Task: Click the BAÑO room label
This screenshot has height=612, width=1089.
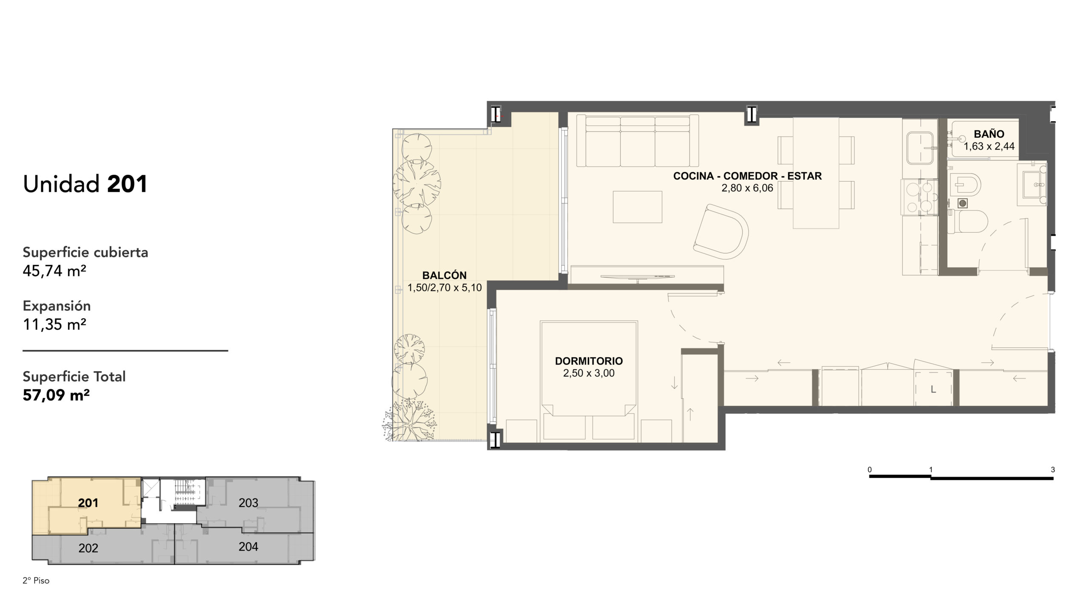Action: pos(989,134)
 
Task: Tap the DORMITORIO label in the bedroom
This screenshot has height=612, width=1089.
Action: pos(589,361)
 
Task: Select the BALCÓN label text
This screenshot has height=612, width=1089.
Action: pos(445,275)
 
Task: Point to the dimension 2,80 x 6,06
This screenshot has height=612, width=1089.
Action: pos(747,188)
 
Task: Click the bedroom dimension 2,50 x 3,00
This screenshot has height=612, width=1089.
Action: pos(589,373)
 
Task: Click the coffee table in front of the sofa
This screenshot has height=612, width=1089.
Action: pos(637,207)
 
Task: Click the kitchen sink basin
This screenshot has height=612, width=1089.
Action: pos(920,148)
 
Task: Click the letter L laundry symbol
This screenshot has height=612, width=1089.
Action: pos(933,389)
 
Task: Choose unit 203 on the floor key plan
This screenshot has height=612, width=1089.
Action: pos(248,503)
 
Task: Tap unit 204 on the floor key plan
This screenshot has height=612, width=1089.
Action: pos(248,547)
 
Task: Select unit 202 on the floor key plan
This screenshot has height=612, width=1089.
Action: pos(88,548)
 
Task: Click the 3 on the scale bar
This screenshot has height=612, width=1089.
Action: pos(1053,470)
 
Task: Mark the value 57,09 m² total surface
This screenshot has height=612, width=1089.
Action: pos(56,395)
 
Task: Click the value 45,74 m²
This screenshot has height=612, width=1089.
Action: pos(54,270)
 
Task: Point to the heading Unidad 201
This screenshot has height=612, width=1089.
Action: pos(85,184)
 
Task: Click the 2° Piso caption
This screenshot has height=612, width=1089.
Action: pos(36,581)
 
